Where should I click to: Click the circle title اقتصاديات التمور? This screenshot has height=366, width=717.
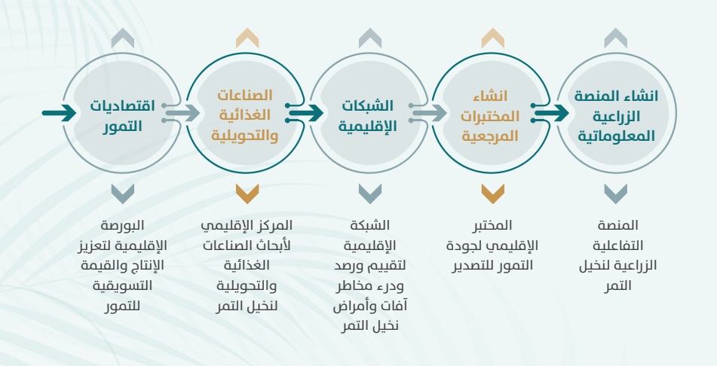[x=122, y=116]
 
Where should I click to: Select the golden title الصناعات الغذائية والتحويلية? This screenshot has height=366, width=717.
[x=244, y=116]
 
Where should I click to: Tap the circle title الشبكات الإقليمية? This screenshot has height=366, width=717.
[x=367, y=116]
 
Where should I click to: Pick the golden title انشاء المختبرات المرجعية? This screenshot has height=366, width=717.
[x=490, y=116]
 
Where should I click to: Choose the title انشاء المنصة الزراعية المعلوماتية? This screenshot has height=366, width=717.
[x=616, y=116]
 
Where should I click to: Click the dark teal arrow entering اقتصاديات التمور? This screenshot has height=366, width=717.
[x=60, y=113]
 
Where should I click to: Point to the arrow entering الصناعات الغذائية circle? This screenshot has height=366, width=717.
[x=182, y=113]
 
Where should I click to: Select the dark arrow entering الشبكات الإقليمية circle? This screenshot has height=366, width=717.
[x=305, y=113]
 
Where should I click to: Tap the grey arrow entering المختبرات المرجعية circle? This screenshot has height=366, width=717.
[x=428, y=113]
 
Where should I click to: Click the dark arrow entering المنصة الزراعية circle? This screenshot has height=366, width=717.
[x=551, y=113]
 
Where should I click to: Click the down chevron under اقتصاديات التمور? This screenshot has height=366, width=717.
[x=123, y=194]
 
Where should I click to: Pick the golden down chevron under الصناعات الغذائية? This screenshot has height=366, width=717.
[x=247, y=194]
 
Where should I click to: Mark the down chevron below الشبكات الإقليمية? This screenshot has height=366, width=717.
[x=370, y=194]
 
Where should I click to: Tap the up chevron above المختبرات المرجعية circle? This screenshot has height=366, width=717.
[x=493, y=38]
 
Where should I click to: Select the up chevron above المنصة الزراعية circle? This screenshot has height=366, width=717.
[x=615, y=38]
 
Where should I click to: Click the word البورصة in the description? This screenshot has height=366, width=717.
[x=122, y=226]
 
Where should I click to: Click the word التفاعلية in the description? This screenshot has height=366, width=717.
[x=617, y=246]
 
